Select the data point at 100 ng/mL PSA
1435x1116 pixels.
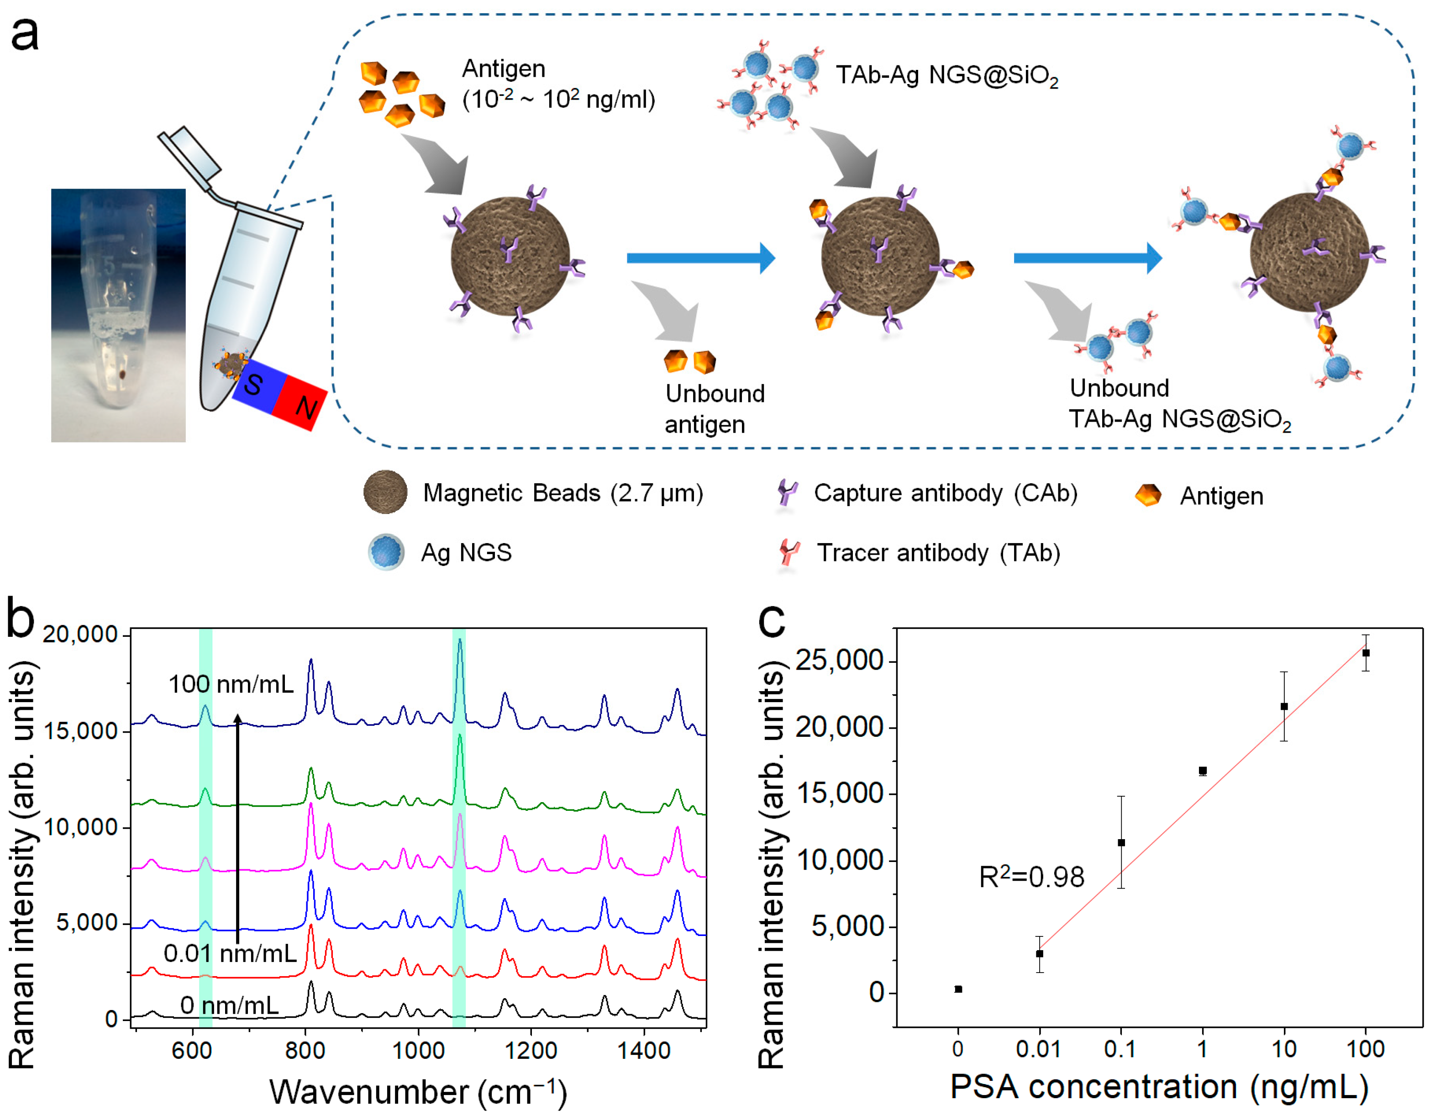pyautogui.click(x=1365, y=653)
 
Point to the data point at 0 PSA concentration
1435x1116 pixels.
pyautogui.click(x=958, y=989)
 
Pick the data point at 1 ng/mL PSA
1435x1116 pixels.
pyautogui.click(x=1203, y=771)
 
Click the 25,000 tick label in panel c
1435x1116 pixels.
pyautogui.click(x=839, y=661)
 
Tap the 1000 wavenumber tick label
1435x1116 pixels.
pyautogui.click(x=418, y=1050)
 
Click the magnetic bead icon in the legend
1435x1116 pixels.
pyautogui.click(x=386, y=492)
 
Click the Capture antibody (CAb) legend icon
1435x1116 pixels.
pyautogui.click(x=787, y=492)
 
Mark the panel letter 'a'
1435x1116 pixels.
pyautogui.click(x=25, y=34)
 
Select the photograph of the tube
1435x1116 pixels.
pyautogui.click(x=118, y=316)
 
